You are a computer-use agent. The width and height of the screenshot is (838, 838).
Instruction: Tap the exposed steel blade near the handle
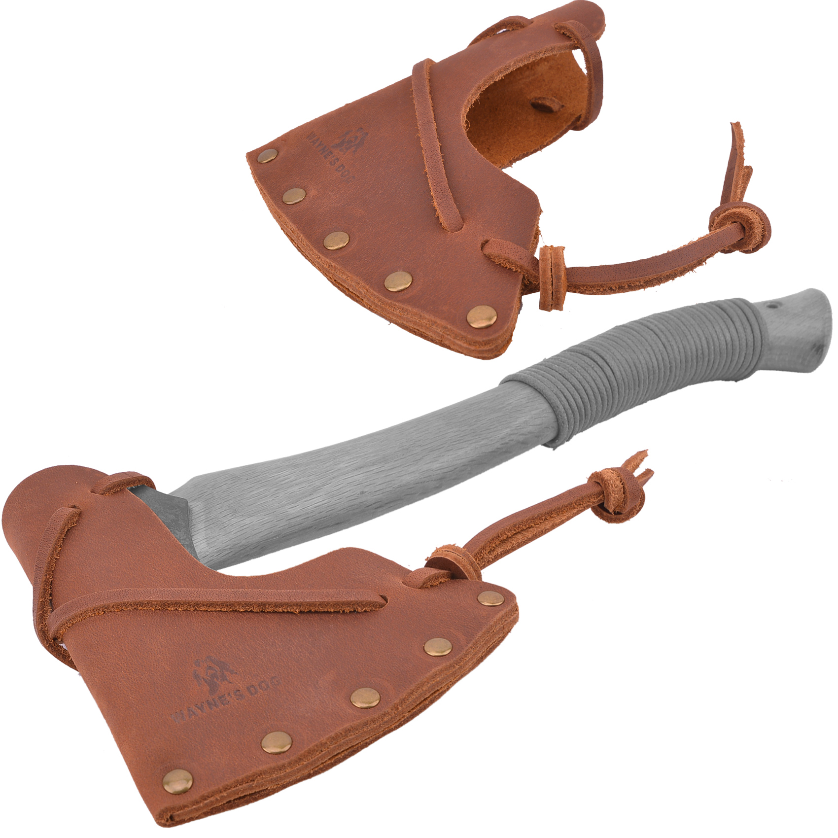(x=163, y=503)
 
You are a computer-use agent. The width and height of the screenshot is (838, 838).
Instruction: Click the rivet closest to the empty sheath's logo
(x=268, y=157)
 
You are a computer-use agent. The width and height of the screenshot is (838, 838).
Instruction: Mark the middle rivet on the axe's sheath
(x=365, y=698)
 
